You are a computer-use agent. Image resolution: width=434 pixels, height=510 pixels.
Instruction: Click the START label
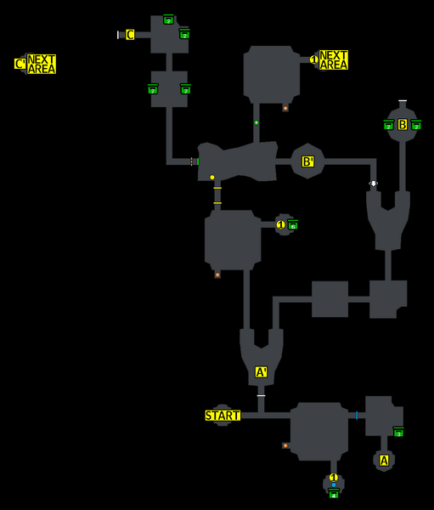[x=223, y=416]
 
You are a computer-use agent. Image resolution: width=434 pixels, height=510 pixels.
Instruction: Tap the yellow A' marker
[x=262, y=372]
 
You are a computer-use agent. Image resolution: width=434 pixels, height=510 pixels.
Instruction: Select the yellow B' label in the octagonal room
[x=308, y=161]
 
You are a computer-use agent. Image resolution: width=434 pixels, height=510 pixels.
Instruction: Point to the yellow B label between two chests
[x=403, y=125]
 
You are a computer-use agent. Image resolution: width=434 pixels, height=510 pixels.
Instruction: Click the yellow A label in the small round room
[x=384, y=461]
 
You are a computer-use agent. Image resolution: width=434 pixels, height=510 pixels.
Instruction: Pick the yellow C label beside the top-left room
[x=130, y=35]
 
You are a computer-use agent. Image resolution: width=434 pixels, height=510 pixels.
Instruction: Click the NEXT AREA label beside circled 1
[x=334, y=60]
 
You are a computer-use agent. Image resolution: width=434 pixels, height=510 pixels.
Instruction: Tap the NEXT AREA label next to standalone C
[x=41, y=64]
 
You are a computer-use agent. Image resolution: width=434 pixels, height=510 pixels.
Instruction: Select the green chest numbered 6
[x=292, y=225]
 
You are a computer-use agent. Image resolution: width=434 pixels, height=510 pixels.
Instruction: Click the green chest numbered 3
[x=398, y=433]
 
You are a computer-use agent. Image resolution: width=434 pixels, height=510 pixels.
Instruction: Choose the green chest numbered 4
[x=334, y=493]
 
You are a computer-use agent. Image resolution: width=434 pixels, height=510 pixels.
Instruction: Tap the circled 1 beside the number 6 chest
[x=281, y=224]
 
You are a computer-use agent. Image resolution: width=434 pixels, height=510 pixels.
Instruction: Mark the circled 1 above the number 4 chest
[x=334, y=478]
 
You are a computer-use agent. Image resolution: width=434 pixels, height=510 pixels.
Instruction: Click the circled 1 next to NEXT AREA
[x=314, y=59]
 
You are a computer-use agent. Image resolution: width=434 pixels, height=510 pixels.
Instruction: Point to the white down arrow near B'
[x=373, y=184]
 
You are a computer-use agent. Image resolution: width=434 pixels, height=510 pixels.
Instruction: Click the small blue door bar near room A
[x=357, y=415]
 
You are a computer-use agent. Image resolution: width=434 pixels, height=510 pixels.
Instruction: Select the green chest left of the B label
[x=388, y=126]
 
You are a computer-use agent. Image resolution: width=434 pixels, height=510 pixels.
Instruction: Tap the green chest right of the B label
[x=416, y=126]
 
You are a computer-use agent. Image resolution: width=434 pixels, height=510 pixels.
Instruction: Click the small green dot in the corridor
[x=256, y=122]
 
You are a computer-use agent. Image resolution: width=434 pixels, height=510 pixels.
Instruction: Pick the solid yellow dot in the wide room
[x=212, y=178]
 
